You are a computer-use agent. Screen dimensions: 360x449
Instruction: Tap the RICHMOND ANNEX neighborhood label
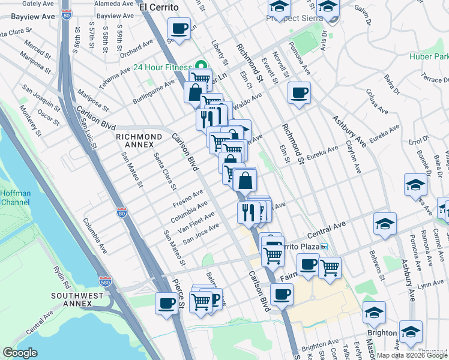[x=139, y=142]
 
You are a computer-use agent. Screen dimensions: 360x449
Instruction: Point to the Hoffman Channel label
[x=14, y=197]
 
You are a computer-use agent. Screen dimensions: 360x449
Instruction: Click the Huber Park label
[x=429, y=58]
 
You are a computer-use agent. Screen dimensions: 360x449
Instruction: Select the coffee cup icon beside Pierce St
[x=166, y=302]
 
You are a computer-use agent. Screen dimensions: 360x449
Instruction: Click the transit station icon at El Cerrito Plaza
[x=324, y=247]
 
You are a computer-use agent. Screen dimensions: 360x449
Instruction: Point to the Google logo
[x=20, y=353]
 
